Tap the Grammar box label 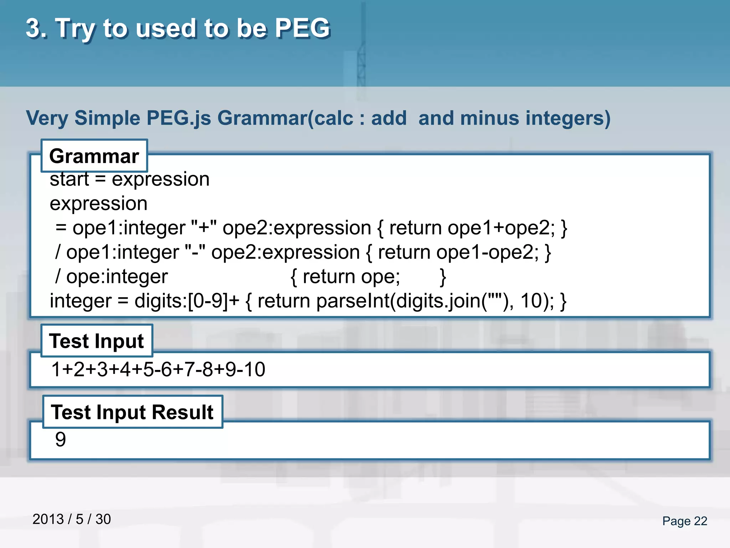94,156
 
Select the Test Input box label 97,341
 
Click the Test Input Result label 132,412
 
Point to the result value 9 61,439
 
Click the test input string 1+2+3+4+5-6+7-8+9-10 158,369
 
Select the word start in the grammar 69,179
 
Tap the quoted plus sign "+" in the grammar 204,228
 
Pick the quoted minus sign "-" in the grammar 195,252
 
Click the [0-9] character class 208,301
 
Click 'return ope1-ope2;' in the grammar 458,252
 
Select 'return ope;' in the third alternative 351,276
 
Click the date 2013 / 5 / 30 72,519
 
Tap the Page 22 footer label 684,521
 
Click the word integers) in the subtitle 567,118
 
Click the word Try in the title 75,28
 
